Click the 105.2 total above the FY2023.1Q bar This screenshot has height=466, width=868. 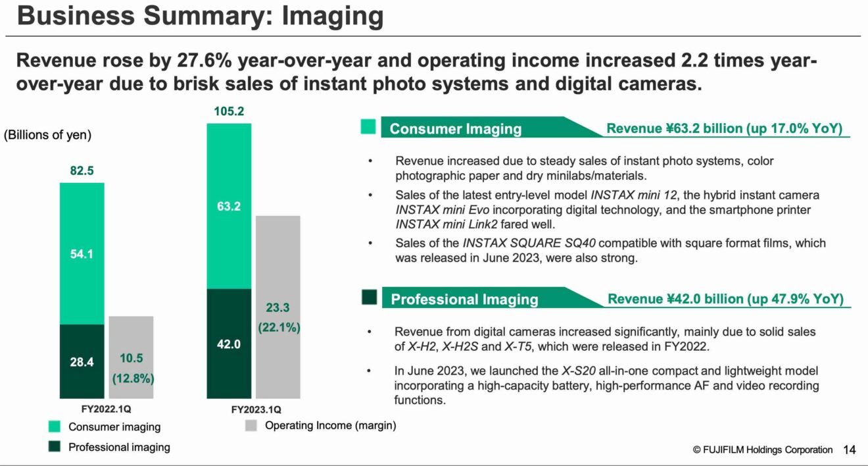229,112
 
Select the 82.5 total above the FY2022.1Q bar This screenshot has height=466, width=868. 82,171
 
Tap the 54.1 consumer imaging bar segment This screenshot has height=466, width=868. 82,253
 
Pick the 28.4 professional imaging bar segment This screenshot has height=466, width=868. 82,361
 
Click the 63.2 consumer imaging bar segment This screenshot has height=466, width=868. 229,206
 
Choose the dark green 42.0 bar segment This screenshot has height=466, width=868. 229,344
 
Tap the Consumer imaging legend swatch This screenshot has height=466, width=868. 55,427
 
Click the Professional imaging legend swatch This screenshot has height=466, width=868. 55,447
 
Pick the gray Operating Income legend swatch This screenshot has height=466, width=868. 251,426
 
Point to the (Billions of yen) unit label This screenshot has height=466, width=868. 47,135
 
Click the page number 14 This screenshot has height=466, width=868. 850,450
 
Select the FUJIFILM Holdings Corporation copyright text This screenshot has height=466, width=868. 762,450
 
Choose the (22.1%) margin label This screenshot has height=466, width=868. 277,327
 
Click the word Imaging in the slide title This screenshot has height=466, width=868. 333,16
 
